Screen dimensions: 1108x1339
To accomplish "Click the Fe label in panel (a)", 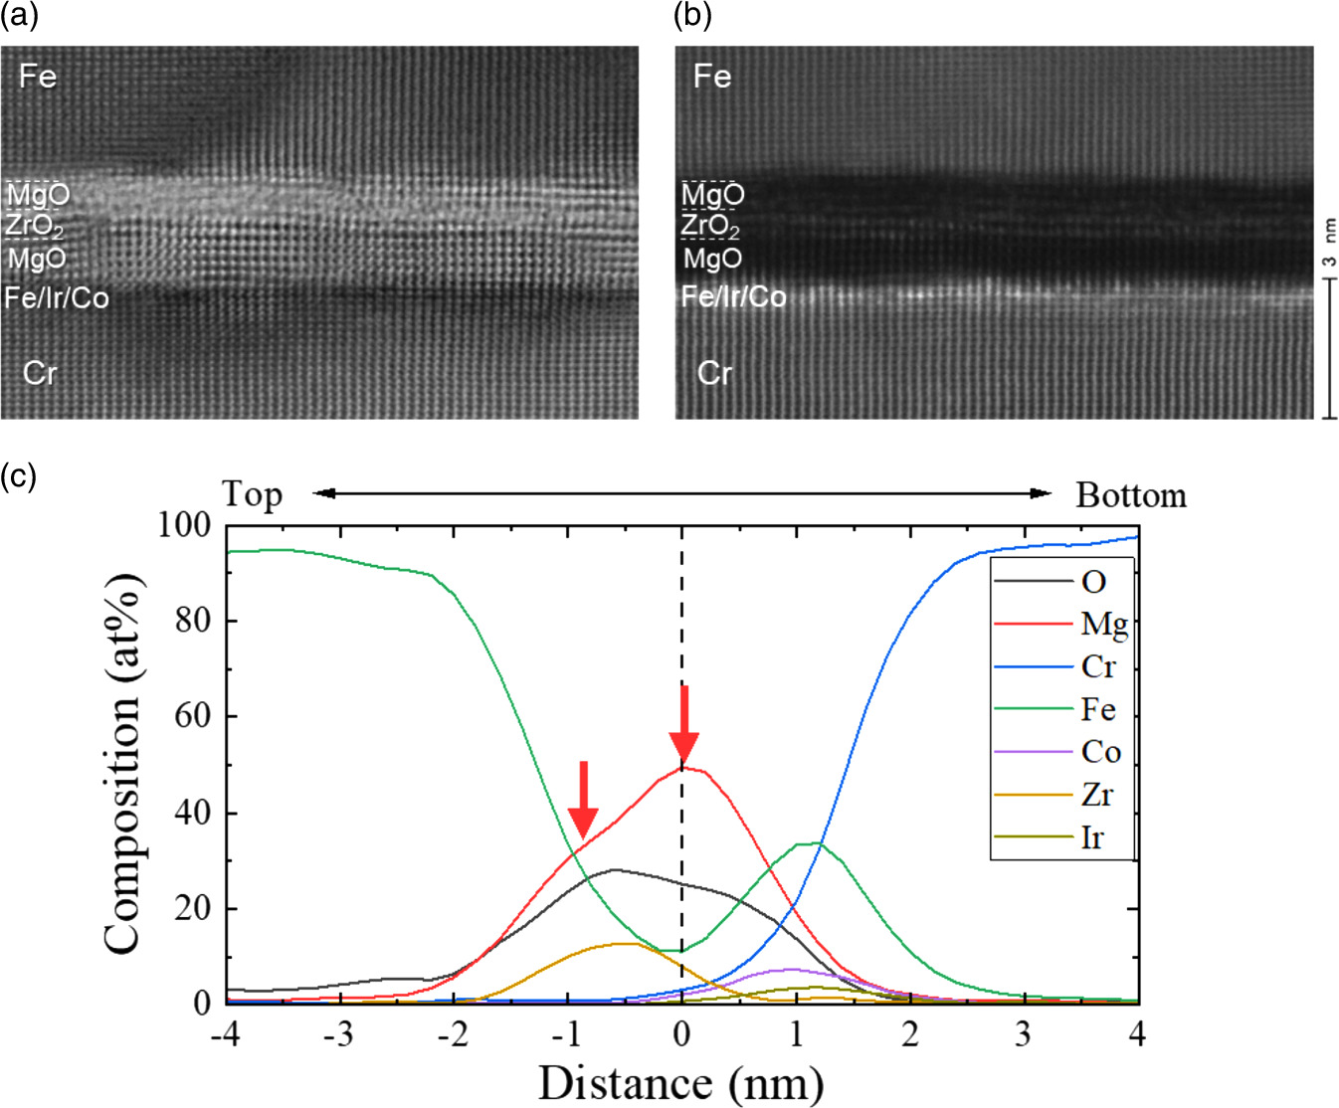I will point(38,77).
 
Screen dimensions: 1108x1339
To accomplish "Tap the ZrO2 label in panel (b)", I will point(710,227).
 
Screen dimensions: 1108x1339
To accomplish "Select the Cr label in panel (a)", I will point(40,373).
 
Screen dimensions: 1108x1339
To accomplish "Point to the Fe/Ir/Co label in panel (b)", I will point(733,296).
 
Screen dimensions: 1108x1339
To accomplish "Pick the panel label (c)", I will point(18,476).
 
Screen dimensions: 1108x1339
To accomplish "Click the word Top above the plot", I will point(252,494).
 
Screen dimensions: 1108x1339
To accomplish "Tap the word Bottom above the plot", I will point(1131,495).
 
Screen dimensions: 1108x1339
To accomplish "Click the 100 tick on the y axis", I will point(184,524).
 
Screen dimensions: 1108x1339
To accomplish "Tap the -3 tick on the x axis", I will point(339,1034).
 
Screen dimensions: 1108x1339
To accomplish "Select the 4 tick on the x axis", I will point(1137,1034).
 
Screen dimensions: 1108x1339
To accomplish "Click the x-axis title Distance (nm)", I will point(680,1082).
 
